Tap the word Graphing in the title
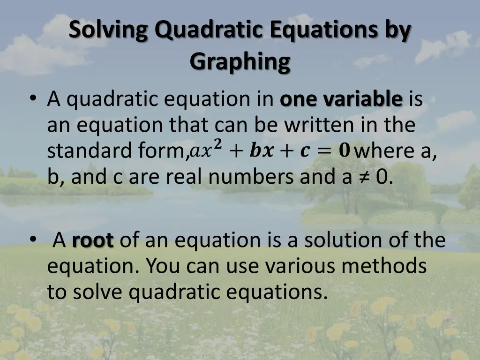[x=240, y=62]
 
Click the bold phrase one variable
[x=341, y=100]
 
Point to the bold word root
[x=93, y=241]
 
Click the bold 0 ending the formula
[x=345, y=151]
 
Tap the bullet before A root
[x=32, y=240]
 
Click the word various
[x=300, y=266]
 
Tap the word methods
[x=384, y=266]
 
